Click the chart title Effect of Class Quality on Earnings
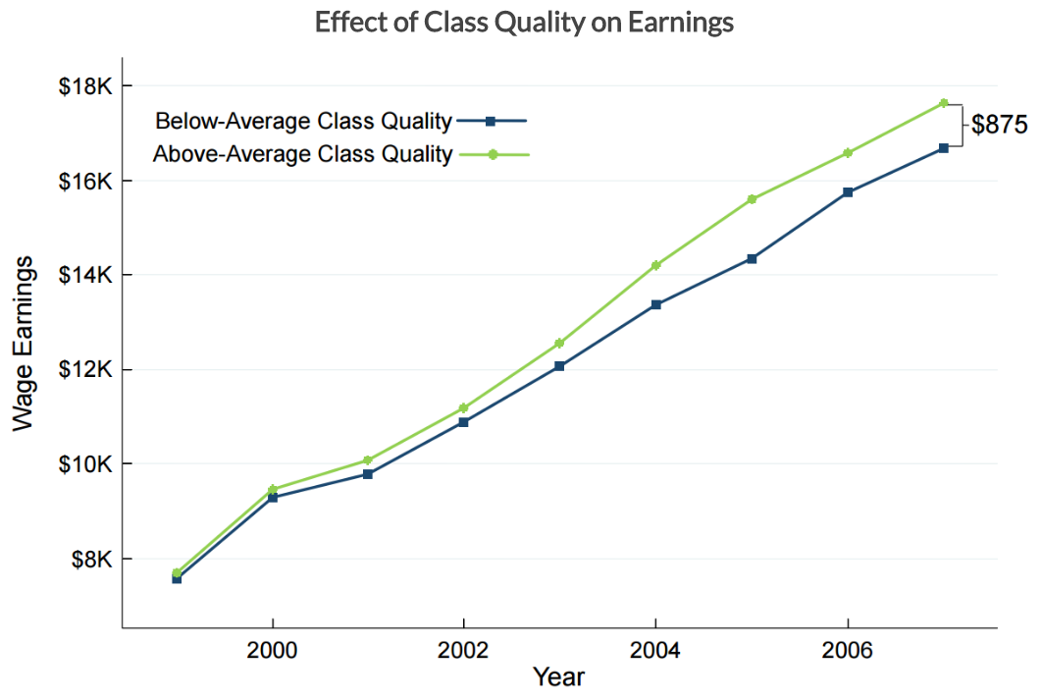[x=524, y=23]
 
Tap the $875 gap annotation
[x=999, y=125]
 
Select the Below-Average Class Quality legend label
[x=303, y=122]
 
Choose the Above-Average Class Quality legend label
[x=303, y=154]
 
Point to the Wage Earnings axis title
[x=24, y=343]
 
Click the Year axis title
[x=559, y=676]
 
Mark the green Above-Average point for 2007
[x=944, y=103]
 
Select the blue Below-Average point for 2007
[x=944, y=148]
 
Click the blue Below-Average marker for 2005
[x=752, y=258]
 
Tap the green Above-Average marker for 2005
[x=752, y=199]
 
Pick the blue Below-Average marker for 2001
[x=368, y=474]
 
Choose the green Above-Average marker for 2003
[x=559, y=344]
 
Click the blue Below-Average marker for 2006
[x=848, y=192]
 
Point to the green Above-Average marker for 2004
[x=655, y=265]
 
